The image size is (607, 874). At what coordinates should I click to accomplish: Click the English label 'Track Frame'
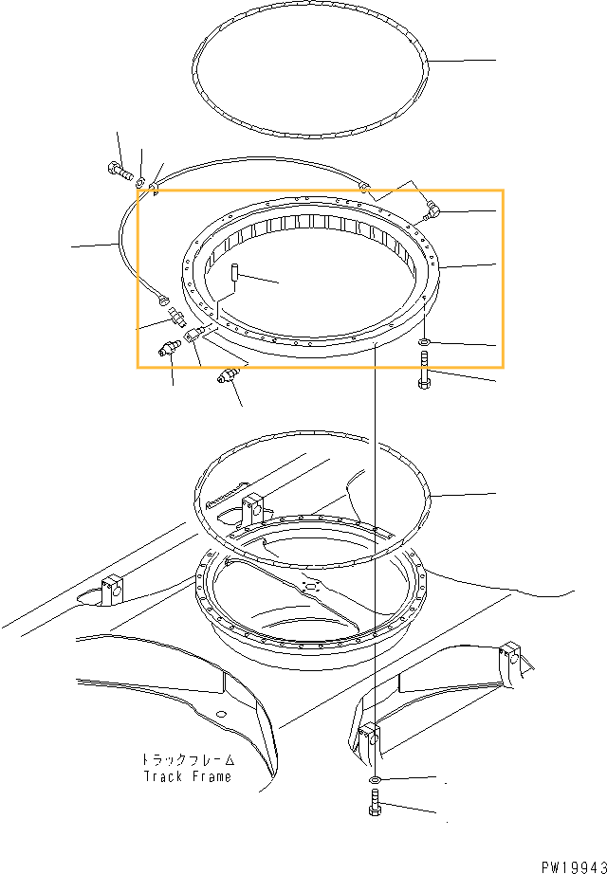click(x=187, y=776)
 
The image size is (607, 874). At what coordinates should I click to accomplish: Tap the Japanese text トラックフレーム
click(x=188, y=759)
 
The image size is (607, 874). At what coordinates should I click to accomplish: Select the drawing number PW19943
click(x=574, y=867)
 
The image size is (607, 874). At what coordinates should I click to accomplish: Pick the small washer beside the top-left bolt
click(x=140, y=181)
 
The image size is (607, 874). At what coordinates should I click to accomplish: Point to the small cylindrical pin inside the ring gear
click(x=235, y=273)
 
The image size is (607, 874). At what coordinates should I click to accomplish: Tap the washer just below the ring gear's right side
click(x=424, y=341)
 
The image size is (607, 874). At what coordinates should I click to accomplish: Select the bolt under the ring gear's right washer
click(x=424, y=371)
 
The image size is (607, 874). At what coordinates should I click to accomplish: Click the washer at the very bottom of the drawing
click(x=375, y=779)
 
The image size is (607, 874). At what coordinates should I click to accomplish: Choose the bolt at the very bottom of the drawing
click(x=375, y=803)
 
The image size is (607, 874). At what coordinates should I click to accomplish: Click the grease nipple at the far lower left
click(x=168, y=349)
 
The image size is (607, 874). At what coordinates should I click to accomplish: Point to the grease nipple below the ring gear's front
click(x=227, y=375)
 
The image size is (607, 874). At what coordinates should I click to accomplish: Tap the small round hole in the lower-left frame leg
click(x=222, y=713)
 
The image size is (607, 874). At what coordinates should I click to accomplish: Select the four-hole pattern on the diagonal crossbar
click(x=308, y=585)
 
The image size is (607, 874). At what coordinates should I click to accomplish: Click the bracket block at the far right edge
click(x=511, y=657)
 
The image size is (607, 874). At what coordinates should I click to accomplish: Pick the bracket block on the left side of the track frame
click(x=112, y=589)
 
